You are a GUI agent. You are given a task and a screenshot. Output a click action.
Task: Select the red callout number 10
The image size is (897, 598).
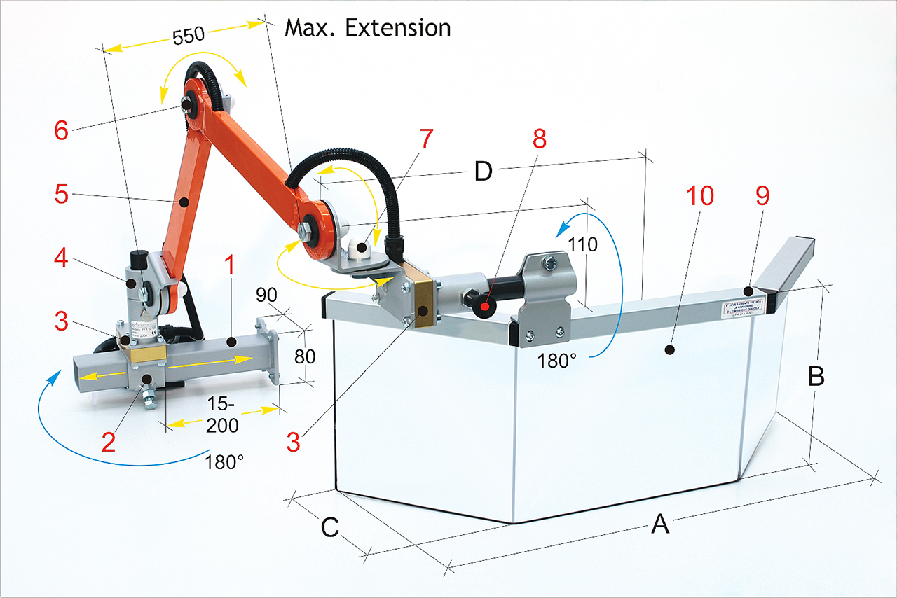pyautogui.click(x=699, y=196)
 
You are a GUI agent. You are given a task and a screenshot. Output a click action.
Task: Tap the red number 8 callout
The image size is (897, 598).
pyautogui.click(x=538, y=139)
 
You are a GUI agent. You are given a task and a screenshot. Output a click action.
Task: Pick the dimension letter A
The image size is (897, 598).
pyautogui.click(x=659, y=522)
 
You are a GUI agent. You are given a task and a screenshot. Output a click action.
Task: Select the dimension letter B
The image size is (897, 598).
pyautogui.click(x=816, y=376)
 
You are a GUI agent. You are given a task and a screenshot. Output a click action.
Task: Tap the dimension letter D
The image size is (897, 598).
pyautogui.click(x=483, y=171)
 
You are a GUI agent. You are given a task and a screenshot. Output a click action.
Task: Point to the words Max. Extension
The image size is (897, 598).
pyautogui.click(x=367, y=28)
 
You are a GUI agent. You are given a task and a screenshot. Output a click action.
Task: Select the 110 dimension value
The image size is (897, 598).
pyautogui.click(x=583, y=245)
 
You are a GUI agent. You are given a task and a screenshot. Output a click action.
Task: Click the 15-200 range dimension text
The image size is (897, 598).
pyautogui.click(x=223, y=415)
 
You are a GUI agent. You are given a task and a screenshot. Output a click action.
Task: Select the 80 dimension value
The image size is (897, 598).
pyautogui.click(x=304, y=356)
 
